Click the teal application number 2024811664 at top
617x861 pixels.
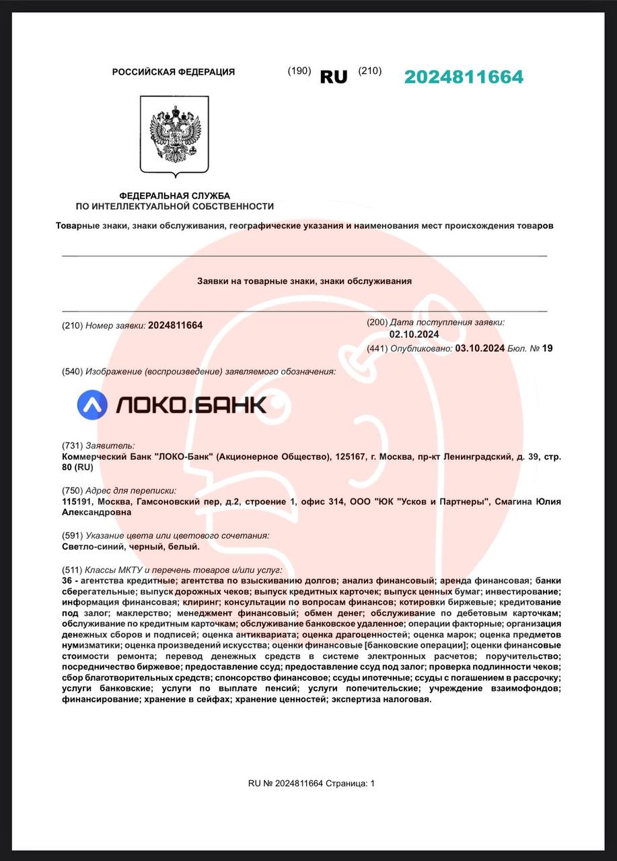coord(464,77)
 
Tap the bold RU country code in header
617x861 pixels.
coord(334,77)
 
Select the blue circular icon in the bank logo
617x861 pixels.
coord(92,404)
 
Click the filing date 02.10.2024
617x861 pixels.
coord(414,334)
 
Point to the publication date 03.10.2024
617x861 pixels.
coord(480,348)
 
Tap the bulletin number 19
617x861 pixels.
coord(547,348)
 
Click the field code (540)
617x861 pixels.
coord(72,371)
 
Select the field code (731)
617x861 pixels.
coord(72,445)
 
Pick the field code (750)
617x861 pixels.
coord(72,490)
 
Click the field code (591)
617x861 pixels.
coord(72,535)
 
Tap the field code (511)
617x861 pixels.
coord(72,570)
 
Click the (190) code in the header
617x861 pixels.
coord(299,71)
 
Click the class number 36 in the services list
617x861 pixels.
coord(67,581)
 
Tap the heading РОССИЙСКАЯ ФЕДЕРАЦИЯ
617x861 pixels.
coord(174,72)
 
